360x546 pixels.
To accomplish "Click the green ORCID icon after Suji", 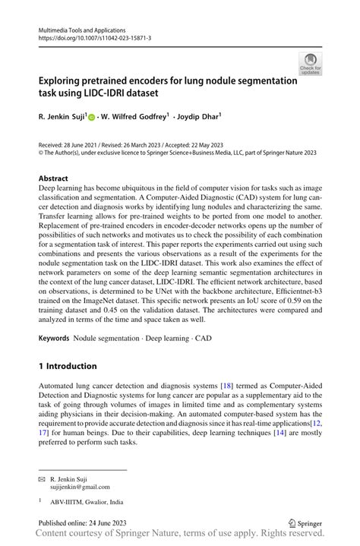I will click(x=92, y=118).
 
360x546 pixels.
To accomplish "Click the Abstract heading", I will click(x=58, y=178).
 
